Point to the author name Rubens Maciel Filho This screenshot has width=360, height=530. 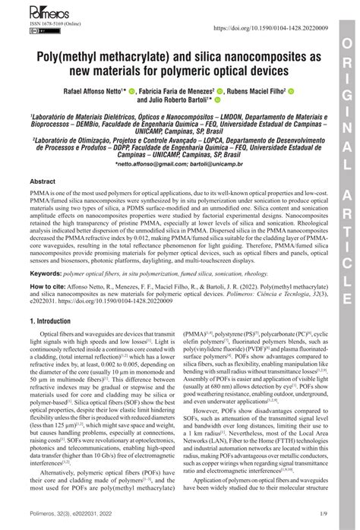[x=257, y=90]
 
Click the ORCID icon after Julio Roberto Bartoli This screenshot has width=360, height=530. [x=219, y=100]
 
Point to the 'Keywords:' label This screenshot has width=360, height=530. [x=46, y=272]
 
